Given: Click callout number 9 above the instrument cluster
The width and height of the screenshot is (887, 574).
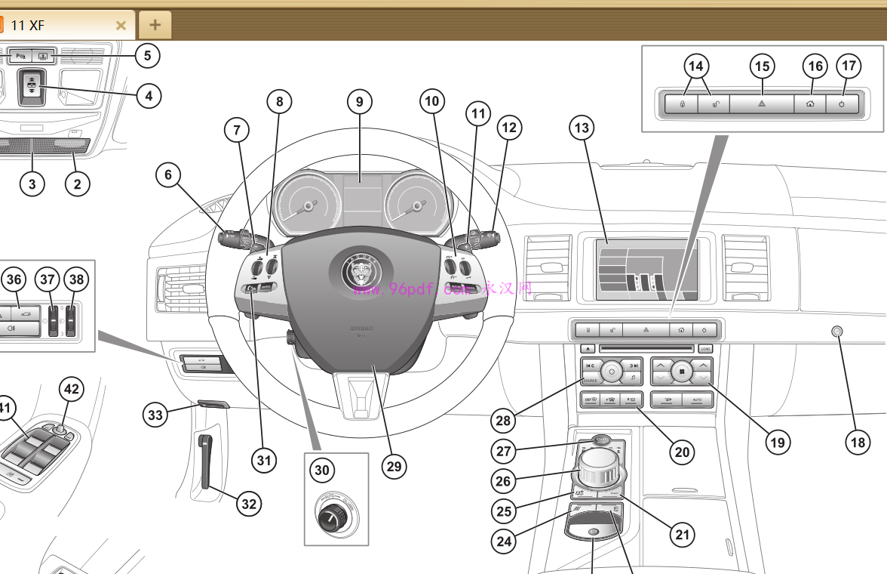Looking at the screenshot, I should coord(360,101).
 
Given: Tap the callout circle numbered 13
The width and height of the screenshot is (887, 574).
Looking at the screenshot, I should coord(581,128).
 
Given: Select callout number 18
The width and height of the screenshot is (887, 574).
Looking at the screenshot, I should coord(858,442).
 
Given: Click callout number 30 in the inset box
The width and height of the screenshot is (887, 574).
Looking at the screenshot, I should coord(322,470).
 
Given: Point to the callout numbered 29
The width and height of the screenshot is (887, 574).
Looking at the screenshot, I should coord(394,466).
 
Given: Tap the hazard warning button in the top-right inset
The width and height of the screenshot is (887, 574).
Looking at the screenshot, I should coord(762,104).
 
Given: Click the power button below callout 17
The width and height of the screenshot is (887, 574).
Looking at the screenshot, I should coord(842,104).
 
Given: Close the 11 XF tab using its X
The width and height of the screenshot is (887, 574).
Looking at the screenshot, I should coord(121,25).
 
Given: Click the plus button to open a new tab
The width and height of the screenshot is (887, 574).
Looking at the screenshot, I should coord(155,25).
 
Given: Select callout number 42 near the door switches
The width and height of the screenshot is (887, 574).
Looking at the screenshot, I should coord(72,390).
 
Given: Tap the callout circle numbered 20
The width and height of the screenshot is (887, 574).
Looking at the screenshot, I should coord(682,452).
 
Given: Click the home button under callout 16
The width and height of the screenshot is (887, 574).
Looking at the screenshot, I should coord(809,104).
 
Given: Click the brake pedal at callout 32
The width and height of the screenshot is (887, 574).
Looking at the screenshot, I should coord(204,461).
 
